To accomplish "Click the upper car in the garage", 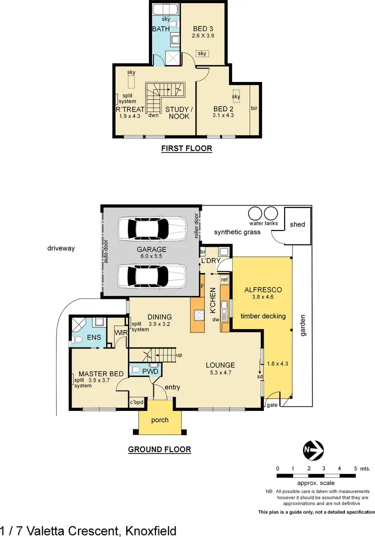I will point(151,229).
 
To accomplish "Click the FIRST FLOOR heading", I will point(186,148).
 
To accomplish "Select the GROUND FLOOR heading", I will point(159,449).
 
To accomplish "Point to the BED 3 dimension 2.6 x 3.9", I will point(203,36).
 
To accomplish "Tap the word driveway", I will point(61,248).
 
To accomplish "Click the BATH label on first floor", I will point(161,29).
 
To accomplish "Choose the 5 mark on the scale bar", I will point(355,468).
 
